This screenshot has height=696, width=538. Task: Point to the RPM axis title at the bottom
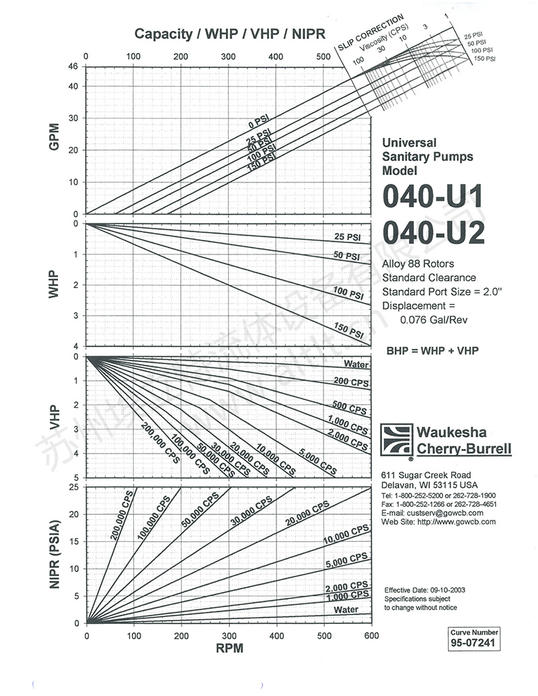[x=229, y=650]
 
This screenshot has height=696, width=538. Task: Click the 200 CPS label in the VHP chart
[x=350, y=382]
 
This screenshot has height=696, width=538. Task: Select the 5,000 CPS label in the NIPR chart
[x=346, y=559]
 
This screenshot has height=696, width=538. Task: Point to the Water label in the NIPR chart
[x=346, y=610]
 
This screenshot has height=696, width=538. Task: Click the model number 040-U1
[x=433, y=198]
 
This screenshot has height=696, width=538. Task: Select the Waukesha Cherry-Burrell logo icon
[x=395, y=440]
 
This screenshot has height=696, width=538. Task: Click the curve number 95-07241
[x=474, y=643]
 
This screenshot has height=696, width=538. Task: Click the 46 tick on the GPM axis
[x=73, y=67]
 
